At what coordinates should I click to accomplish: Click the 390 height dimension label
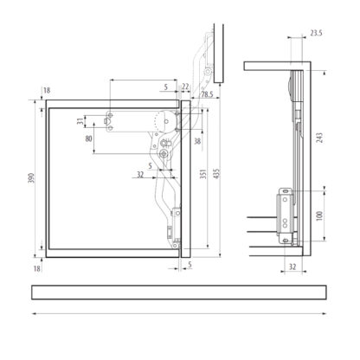pos(32,178)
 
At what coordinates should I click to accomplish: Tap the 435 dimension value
pos(216,173)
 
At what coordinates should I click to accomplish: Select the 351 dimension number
pos(203,174)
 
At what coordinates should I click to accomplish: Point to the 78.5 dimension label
pos(207,94)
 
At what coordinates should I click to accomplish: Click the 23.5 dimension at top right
pos(316,33)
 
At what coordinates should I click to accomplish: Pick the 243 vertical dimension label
pos(319,138)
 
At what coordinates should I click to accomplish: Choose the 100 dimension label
pos(319,216)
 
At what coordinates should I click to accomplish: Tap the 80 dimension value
pos(89,138)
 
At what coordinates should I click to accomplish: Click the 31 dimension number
pos(81,121)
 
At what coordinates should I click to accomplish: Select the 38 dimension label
pos(197,141)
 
